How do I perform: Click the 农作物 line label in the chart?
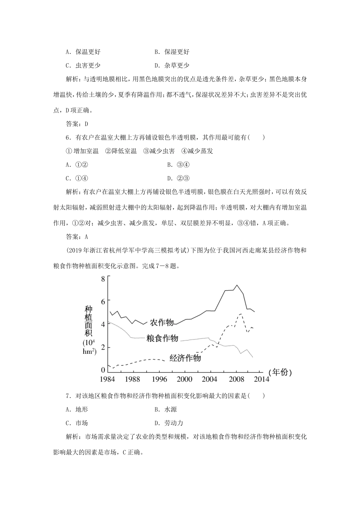[x=162, y=322]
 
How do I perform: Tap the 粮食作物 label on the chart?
[x=162, y=338]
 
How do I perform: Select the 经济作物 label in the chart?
[x=185, y=358]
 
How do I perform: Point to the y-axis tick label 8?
[x=103, y=279]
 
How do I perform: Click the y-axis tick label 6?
[x=103, y=300]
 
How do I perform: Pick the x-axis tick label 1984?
[x=108, y=379]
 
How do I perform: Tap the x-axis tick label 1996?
[x=159, y=379]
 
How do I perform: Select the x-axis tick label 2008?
[x=236, y=379]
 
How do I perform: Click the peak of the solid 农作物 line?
[x=237, y=285]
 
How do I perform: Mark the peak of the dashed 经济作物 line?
[x=241, y=314]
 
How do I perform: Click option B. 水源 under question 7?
[x=166, y=409]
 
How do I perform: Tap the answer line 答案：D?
[x=77, y=124]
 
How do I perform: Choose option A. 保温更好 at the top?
[x=83, y=52]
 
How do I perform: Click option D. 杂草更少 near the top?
[x=172, y=65]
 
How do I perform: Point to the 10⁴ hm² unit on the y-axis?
[x=89, y=347]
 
